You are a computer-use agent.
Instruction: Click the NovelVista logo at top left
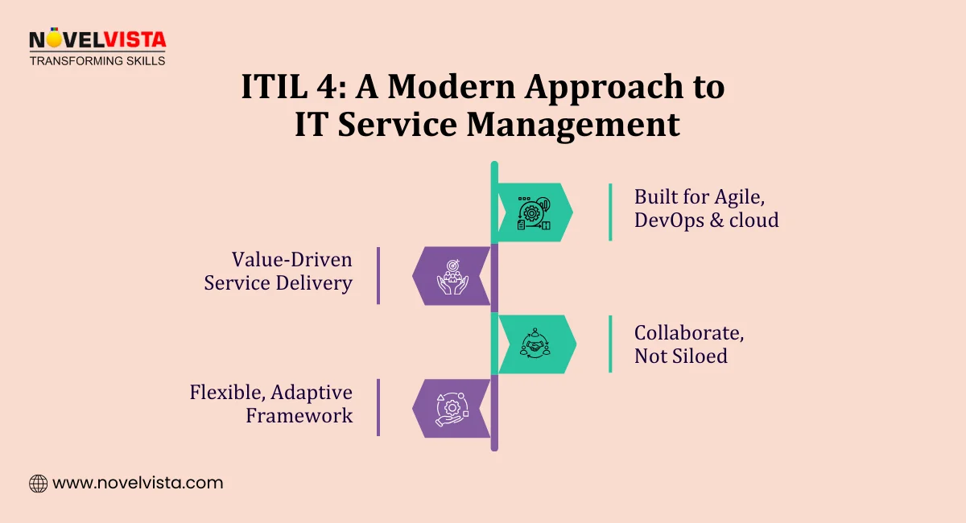[97, 40]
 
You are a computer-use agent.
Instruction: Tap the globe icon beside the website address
[38, 484]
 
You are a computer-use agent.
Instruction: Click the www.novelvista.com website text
[138, 484]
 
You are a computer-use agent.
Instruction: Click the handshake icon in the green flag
[535, 345]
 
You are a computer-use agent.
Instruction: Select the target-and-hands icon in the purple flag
[452, 276]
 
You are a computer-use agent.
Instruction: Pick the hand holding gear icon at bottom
[452, 409]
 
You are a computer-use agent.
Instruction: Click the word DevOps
[671, 220]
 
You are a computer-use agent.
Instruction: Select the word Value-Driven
[292, 259]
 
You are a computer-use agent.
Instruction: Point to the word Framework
[299, 415]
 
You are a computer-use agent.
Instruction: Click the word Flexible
[226, 393]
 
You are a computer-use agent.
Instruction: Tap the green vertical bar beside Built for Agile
[610, 212]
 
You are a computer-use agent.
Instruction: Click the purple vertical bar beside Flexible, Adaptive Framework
[378, 408]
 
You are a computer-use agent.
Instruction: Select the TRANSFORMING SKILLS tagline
[97, 60]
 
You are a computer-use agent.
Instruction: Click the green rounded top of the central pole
[494, 167]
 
